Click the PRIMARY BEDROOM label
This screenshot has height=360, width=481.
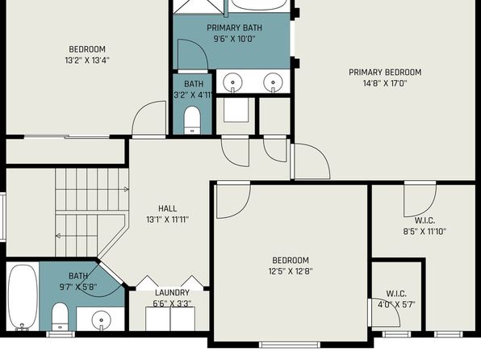click(385, 73)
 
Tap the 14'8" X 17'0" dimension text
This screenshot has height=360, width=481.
click(385, 83)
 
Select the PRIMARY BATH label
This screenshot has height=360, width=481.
click(234, 28)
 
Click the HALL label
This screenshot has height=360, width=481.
click(168, 209)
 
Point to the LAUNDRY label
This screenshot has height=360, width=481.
click(172, 292)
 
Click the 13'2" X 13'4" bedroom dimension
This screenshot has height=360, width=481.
click(87, 61)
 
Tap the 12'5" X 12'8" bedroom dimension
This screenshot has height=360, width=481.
click(291, 271)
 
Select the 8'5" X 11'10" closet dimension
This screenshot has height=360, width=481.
click(425, 232)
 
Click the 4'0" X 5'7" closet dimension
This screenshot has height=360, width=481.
click(396, 305)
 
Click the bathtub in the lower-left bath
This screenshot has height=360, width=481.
click(23, 297)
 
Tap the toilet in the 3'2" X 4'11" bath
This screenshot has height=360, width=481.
click(192, 120)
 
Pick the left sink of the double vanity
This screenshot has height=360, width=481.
click(232, 82)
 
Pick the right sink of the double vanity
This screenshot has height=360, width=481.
click(273, 82)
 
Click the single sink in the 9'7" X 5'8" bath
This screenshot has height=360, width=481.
click(101, 320)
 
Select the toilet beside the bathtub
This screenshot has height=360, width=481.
click(60, 316)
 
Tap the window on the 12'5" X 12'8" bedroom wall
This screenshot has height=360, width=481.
click(290, 345)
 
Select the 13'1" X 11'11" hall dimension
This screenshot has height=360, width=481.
click(168, 220)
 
